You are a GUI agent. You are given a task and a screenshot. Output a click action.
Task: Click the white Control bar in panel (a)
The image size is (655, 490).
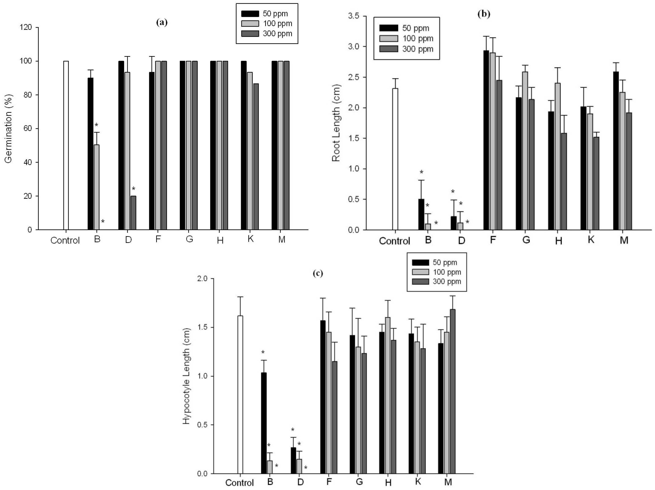(66, 145)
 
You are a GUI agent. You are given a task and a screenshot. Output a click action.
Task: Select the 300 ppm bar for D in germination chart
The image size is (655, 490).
(134, 213)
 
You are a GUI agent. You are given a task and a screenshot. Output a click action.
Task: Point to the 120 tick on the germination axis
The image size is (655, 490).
(26, 27)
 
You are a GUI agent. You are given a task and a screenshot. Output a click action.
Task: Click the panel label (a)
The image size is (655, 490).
(162, 22)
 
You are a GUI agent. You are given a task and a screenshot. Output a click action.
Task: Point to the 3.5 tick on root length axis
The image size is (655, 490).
(354, 16)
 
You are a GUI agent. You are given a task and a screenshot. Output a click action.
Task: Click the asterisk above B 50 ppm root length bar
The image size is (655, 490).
(422, 172)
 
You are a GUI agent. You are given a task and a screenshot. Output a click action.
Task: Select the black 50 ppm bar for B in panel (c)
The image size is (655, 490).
(264, 423)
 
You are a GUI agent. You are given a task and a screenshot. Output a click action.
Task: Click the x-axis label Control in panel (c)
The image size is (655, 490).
(239, 483)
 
